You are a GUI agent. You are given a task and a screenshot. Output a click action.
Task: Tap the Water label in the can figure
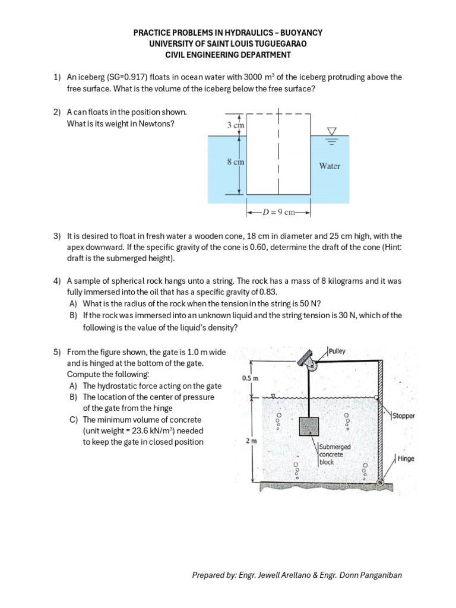pyautogui.click(x=330, y=166)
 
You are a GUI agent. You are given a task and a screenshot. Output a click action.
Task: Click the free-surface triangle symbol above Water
pyautogui.click(x=332, y=131)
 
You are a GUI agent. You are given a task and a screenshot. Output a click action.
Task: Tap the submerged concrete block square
pyautogui.click(x=309, y=427)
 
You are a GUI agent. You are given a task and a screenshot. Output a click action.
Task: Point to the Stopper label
pyautogui.click(x=403, y=416)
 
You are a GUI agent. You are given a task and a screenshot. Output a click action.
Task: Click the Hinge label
pyautogui.click(x=406, y=459)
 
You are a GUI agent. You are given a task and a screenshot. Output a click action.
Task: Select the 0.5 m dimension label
pyautogui.click(x=250, y=378)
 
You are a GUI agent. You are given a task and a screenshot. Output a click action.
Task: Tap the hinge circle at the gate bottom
pyautogui.click(x=381, y=482)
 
